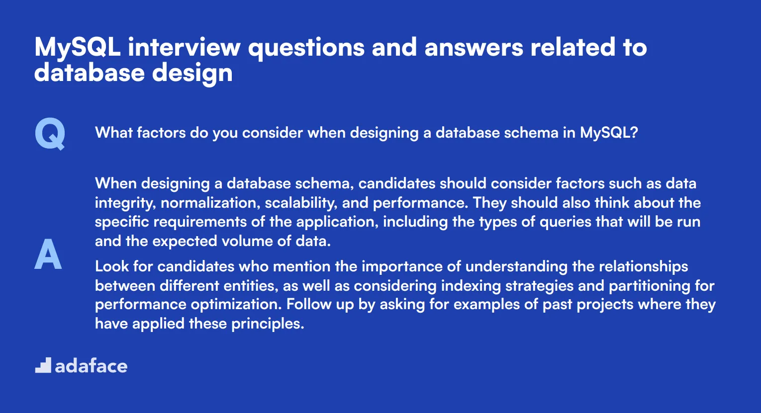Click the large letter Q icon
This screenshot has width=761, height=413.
pyautogui.click(x=50, y=134)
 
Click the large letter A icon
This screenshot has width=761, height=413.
pyautogui.click(x=48, y=254)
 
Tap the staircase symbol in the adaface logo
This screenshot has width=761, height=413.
pyautogui.click(x=43, y=365)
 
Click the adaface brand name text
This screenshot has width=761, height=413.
pyautogui.click(x=91, y=366)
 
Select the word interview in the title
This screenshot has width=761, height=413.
pyautogui.click(x=184, y=48)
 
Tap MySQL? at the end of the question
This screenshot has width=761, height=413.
pyautogui.click(x=609, y=133)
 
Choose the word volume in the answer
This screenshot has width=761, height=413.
pyautogui.click(x=246, y=241)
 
